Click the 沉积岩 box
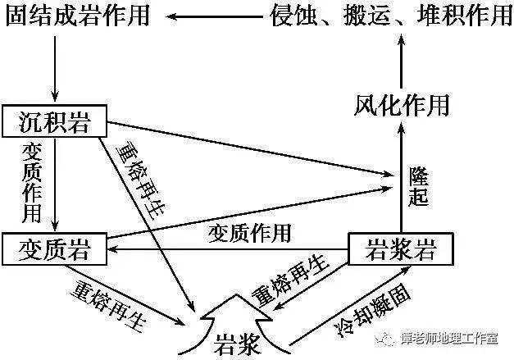56,122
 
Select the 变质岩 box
56,248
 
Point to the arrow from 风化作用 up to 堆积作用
401,62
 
